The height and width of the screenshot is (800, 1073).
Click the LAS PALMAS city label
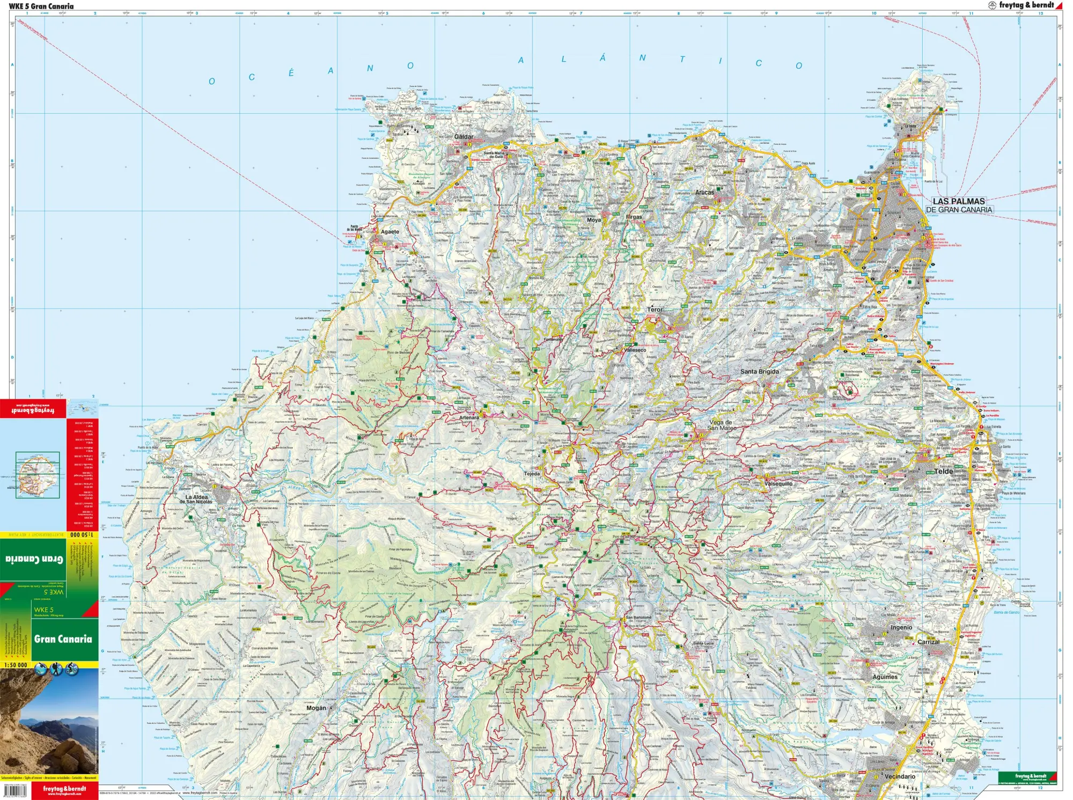click(x=958, y=201)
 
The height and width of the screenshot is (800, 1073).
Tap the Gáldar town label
click(x=464, y=137)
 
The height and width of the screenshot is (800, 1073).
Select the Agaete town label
click(x=390, y=232)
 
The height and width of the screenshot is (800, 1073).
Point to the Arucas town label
click(x=704, y=192)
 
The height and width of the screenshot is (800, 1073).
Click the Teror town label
click(x=655, y=310)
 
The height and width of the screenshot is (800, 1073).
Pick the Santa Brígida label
click(x=759, y=371)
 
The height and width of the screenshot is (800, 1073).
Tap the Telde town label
click(x=943, y=471)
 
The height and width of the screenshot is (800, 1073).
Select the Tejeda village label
click(x=532, y=474)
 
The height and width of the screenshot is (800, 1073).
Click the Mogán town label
click(x=316, y=708)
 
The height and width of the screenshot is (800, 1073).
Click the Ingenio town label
click(x=901, y=627)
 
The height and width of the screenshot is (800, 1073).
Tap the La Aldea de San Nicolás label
click(x=197, y=499)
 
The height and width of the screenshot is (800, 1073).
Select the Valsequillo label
click(x=778, y=483)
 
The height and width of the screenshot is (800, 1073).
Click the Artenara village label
click(x=469, y=417)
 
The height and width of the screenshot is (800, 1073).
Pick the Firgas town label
click(x=634, y=217)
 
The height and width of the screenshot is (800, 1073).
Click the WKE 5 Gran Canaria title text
click(x=41, y=6)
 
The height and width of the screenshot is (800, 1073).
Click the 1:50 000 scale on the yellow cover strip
click(x=16, y=665)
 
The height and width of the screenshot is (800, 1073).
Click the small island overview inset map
click(x=38, y=475)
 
